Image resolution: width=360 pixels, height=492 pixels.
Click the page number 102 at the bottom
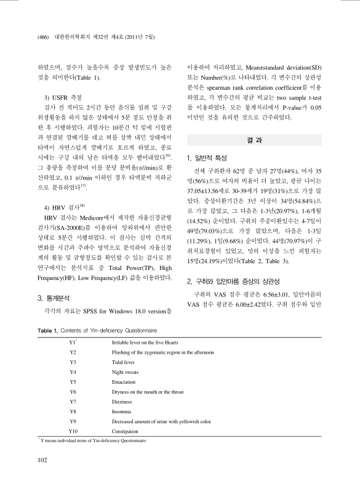pyautogui.click(x=42, y=459)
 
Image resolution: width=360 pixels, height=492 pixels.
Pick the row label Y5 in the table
pyautogui.click(x=73, y=381)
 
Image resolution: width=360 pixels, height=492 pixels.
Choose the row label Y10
pyautogui.click(x=74, y=432)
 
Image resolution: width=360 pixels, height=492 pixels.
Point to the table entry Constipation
pyautogui.click(x=125, y=432)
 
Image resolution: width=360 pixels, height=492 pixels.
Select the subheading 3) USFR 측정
pyautogui.click(x=68, y=97)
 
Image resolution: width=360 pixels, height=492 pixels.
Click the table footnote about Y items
pyautogui.click(x=92, y=441)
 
